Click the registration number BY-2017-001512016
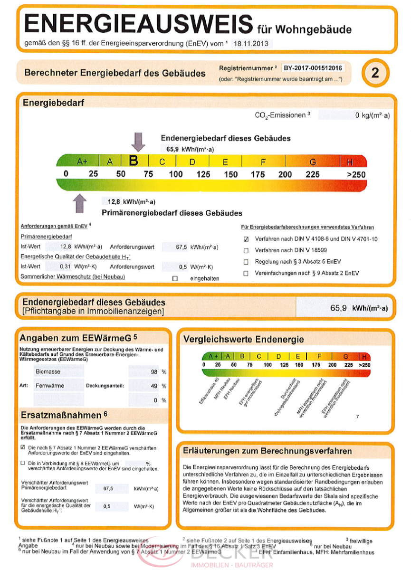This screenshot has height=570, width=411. pos(313,68)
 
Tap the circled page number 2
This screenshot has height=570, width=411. pos(375,73)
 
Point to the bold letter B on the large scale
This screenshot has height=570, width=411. pos(134,161)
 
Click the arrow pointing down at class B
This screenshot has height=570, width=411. pos(138,141)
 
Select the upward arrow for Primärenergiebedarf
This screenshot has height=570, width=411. pos(79,203)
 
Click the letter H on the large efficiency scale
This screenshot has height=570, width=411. pos(350,161)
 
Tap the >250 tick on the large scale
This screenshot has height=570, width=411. pos(356,174)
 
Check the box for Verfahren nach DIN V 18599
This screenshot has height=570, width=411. pos(246,250)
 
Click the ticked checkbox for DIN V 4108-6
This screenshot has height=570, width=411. pos(246,239)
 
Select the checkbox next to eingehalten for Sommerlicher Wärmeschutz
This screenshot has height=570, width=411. pos(175,278)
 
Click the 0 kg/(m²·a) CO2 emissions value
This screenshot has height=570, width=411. pos(373,115)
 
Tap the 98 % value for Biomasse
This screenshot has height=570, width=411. pos(153,372)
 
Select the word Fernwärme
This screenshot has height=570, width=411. pos(50,386)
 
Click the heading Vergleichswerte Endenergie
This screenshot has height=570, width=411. pos(243,340)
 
